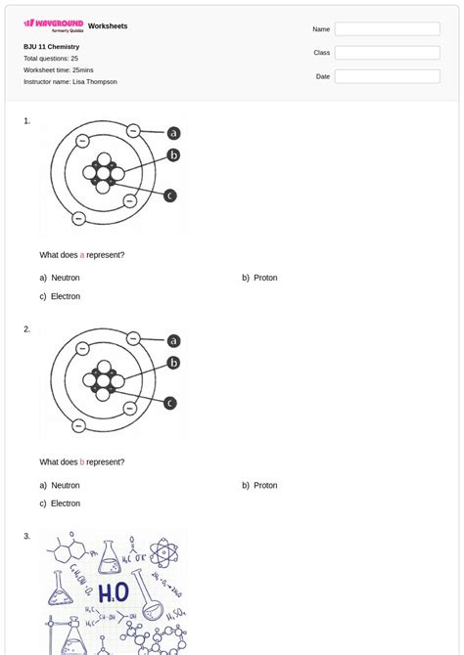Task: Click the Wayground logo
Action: point(53,24)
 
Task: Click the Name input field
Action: point(387,29)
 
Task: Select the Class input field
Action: point(387,53)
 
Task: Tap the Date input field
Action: point(387,76)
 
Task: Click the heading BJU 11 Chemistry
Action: point(52,47)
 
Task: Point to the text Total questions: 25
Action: point(51,59)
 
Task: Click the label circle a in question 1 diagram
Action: point(173,133)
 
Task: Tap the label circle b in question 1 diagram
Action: point(173,154)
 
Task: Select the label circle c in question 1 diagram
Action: point(170,196)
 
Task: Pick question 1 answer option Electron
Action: point(66,296)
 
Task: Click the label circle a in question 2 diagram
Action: point(173,341)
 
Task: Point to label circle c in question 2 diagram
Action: point(170,403)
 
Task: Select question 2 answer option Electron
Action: point(66,503)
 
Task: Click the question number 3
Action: point(27,536)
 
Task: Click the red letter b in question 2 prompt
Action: point(82,462)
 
